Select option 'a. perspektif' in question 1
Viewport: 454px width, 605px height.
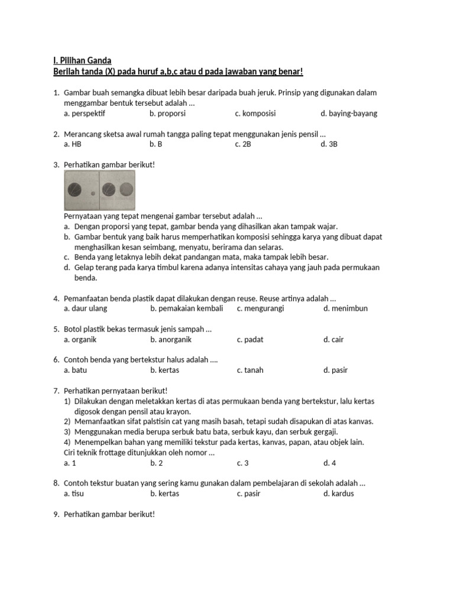pyautogui.click(x=84, y=113)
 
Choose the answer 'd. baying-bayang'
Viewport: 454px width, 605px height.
pyautogui.click(x=349, y=113)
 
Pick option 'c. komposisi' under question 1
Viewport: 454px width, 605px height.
pyautogui.click(x=255, y=113)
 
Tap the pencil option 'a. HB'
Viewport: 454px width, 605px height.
pyautogui.click(x=72, y=144)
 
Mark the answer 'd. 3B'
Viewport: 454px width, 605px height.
pyautogui.click(x=329, y=144)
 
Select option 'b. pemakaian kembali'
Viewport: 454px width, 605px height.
pyautogui.click(x=187, y=308)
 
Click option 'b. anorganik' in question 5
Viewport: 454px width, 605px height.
pyautogui.click(x=171, y=340)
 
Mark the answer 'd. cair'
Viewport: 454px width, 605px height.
pyautogui.click(x=333, y=340)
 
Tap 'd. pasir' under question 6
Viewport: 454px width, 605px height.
pyautogui.click(x=335, y=370)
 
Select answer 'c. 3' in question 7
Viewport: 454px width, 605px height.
pyautogui.click(x=243, y=463)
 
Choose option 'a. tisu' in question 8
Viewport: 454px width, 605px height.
pyautogui.click(x=74, y=494)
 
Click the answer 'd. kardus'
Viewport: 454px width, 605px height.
pyautogui.click(x=338, y=494)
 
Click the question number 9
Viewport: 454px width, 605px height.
pyautogui.click(x=56, y=515)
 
